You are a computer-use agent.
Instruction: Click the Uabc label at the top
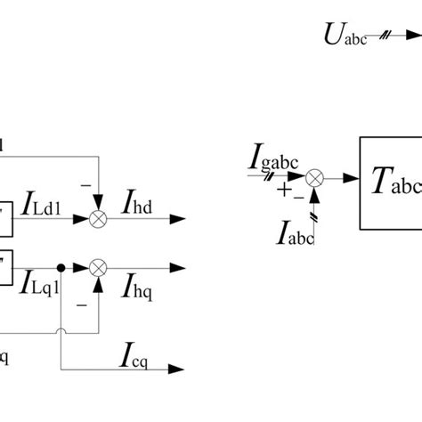[x=343, y=37]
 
